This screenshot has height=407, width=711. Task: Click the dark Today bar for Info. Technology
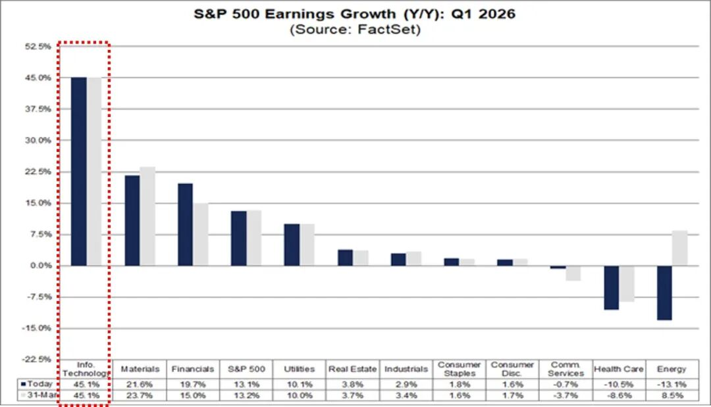click(x=78, y=172)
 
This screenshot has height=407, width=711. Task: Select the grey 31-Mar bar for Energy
click(x=679, y=248)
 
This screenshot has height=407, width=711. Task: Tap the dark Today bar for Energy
click(x=664, y=293)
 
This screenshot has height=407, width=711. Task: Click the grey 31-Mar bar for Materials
click(x=147, y=216)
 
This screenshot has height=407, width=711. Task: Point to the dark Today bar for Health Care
click(x=611, y=287)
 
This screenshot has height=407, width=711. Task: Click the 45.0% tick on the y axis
click(x=38, y=78)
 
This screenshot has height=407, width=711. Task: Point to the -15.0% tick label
click(x=37, y=328)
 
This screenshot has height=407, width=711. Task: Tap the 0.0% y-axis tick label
click(x=40, y=266)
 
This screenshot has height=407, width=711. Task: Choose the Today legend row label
click(x=38, y=383)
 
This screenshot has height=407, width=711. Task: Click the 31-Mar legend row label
click(x=38, y=395)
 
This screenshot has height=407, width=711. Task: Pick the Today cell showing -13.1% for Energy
click(x=671, y=383)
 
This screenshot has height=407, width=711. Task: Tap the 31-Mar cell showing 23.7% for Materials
click(x=140, y=395)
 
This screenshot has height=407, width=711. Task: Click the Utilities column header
click(x=299, y=369)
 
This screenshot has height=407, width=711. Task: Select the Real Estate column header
click(x=353, y=369)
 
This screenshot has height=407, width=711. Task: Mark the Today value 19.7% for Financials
click(x=193, y=383)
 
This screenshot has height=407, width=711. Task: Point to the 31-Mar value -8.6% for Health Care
click(x=618, y=395)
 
